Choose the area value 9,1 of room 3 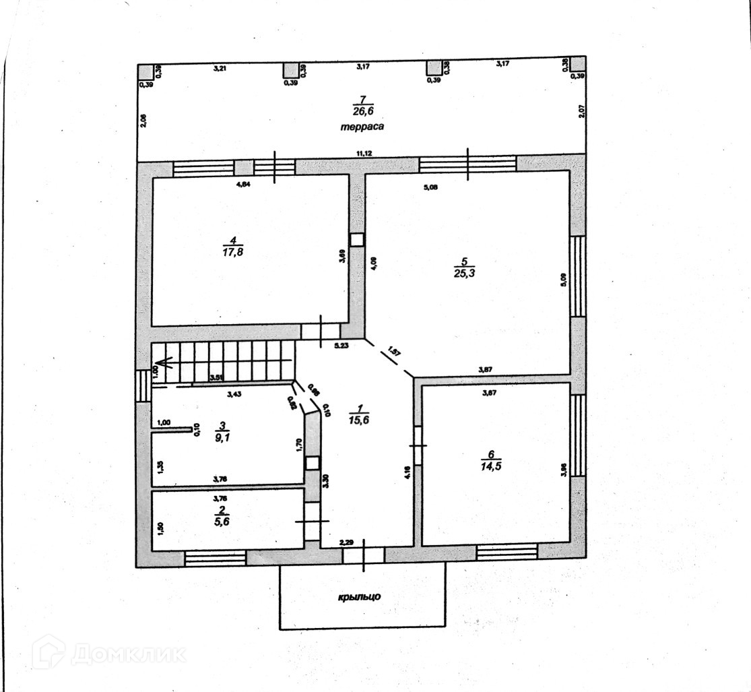(x=220, y=437)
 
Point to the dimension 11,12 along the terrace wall (x=364, y=154)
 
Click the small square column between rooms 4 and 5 (x=357, y=239)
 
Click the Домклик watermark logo (x=108, y=652)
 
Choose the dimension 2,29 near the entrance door (x=346, y=542)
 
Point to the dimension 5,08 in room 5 (x=430, y=187)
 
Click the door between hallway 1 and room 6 (x=418, y=445)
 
